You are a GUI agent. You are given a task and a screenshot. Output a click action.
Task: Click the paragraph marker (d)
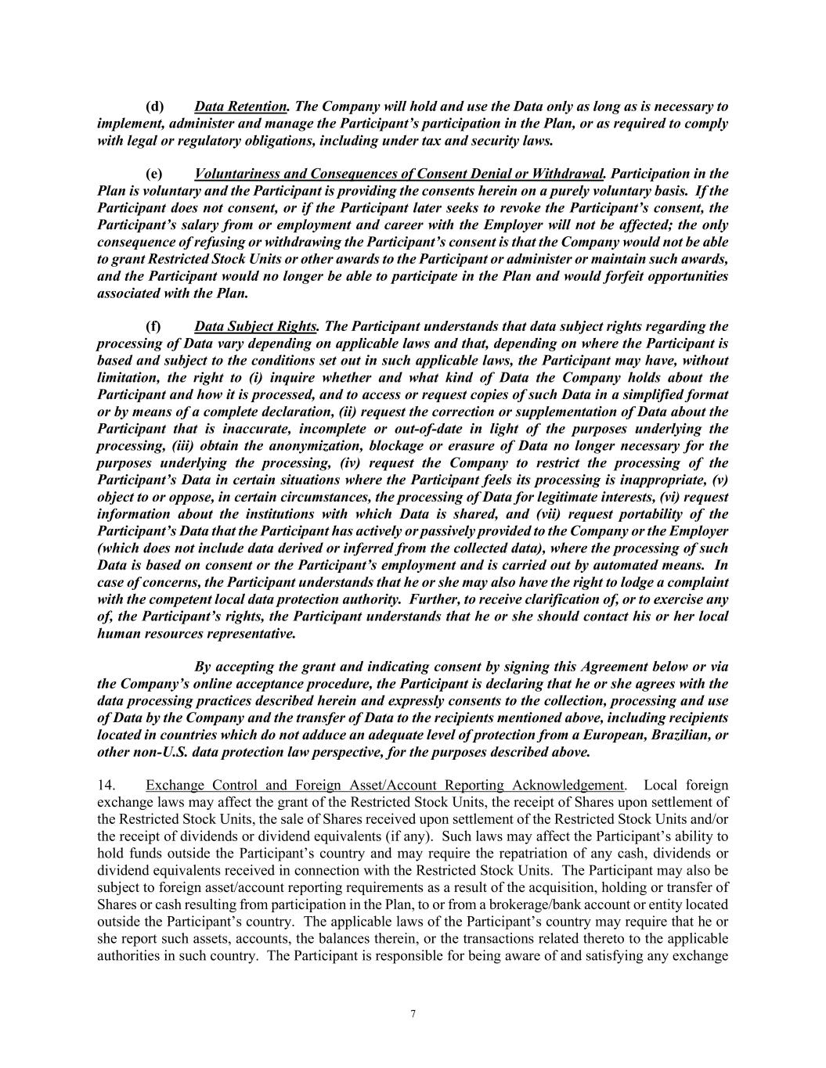pyautogui.click(x=154, y=106)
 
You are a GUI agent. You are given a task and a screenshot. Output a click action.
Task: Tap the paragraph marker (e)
pyautogui.click(x=154, y=174)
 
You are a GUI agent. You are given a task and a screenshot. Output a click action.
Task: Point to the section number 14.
pyautogui.click(x=106, y=786)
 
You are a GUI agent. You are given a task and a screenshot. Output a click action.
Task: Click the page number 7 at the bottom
pyautogui.click(x=413, y=1015)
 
